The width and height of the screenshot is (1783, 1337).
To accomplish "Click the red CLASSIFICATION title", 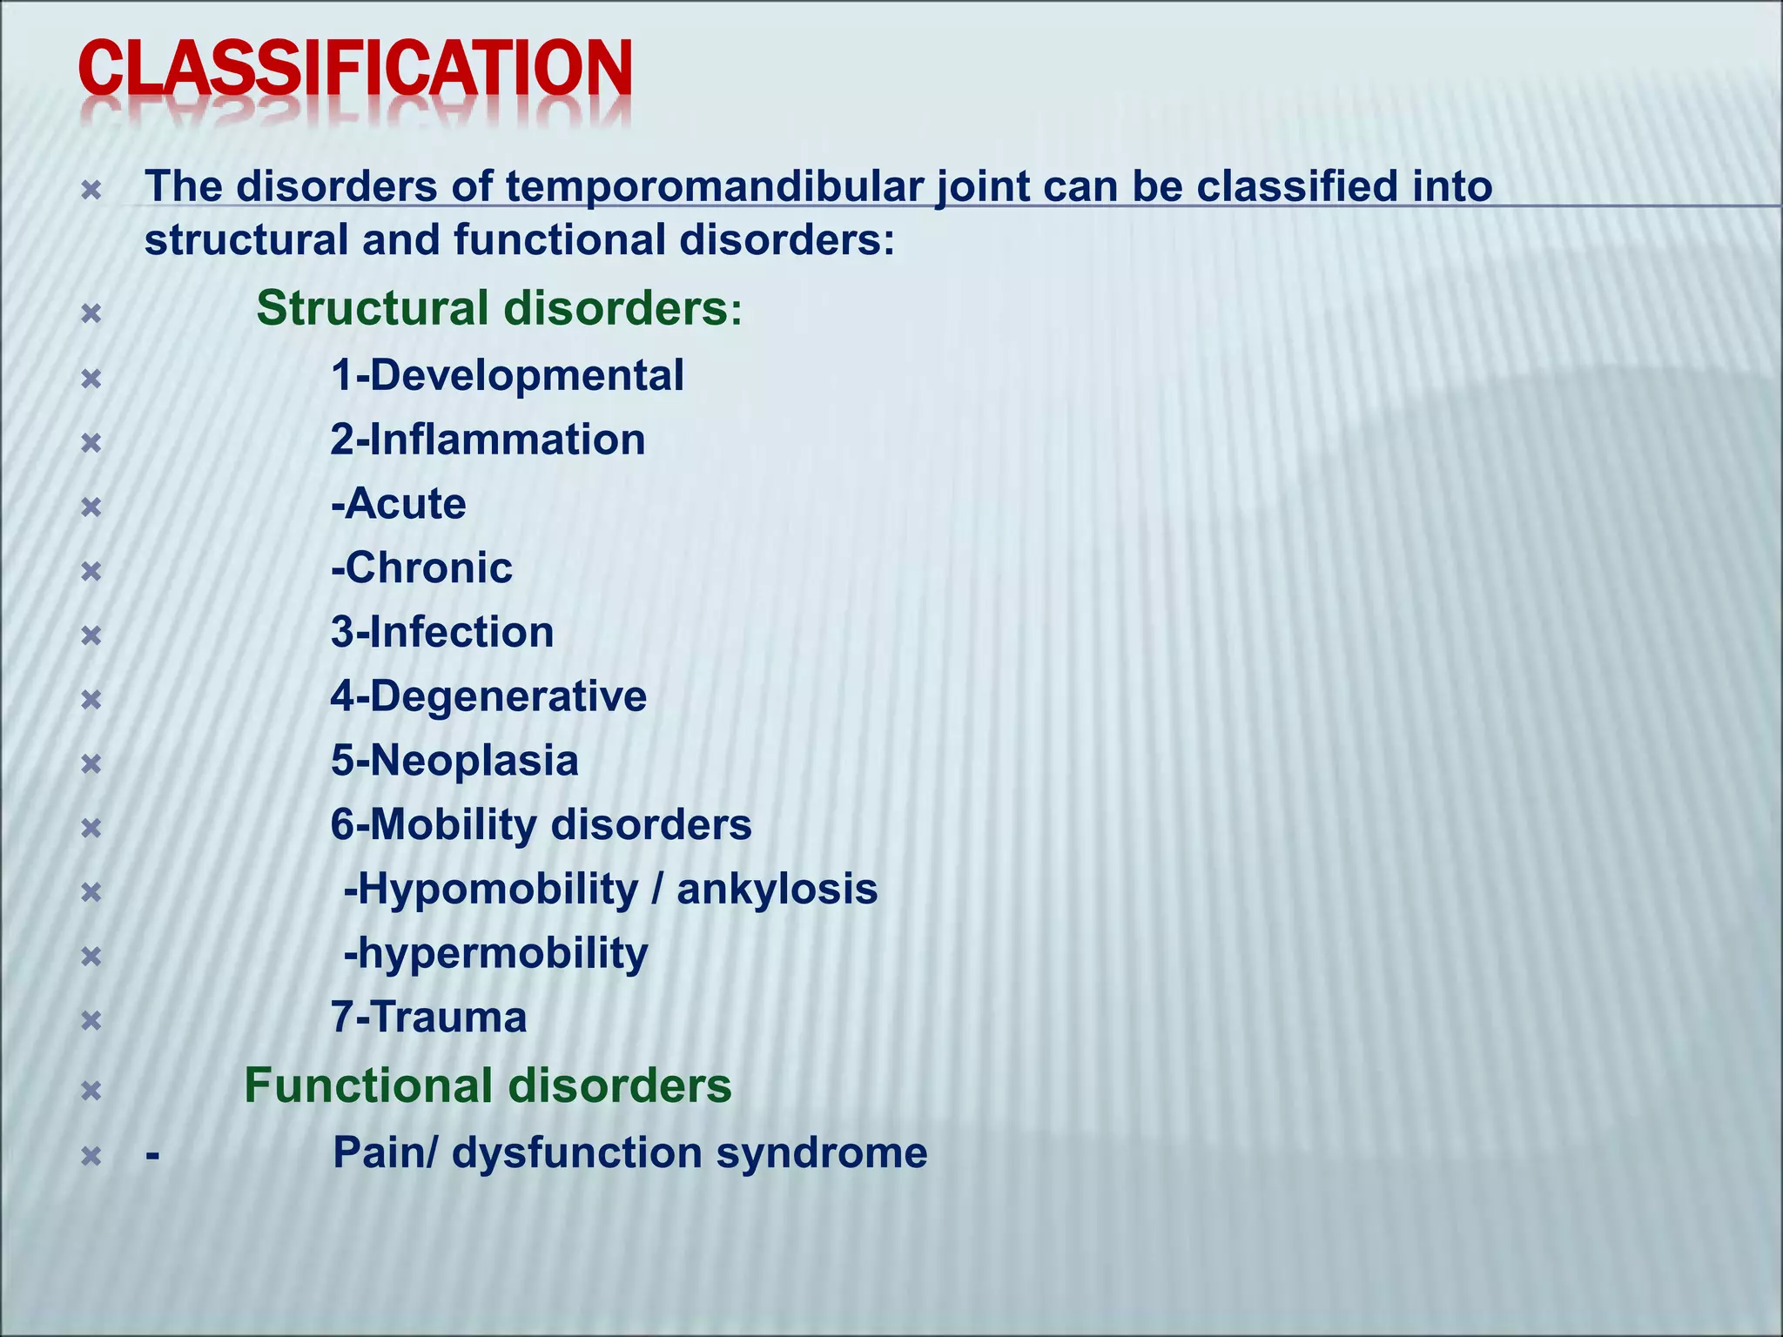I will pos(355,70).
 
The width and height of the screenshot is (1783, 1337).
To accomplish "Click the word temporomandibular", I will pos(713,187).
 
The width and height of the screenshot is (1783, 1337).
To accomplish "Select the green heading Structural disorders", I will pos(499,308).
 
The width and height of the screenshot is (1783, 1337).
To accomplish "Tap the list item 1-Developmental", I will pos(507,376).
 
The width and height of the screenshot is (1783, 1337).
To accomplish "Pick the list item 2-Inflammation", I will pos(488,440).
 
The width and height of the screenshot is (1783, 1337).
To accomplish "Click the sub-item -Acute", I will pos(399,504).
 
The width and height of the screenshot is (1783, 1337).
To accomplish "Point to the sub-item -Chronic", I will pos(421,568).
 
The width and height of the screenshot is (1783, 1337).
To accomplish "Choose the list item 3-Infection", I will pos(442,633).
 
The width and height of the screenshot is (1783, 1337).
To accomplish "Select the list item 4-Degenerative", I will pos(488,696).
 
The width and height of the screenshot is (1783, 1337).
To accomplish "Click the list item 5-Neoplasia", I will pos(454,761).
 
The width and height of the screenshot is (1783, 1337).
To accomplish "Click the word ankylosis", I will pos(777,890).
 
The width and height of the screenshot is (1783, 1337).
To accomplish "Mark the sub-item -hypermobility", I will pos(495,954).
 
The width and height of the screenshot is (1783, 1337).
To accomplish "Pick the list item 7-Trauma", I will pos(428,1018).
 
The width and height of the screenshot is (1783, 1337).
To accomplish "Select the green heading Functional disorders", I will pos(488,1086).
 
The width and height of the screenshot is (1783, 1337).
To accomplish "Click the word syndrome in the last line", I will pos(821,1153).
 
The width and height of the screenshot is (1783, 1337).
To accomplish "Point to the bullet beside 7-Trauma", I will pos(91,1020).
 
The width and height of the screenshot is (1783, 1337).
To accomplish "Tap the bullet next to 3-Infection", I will pos(91,635).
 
